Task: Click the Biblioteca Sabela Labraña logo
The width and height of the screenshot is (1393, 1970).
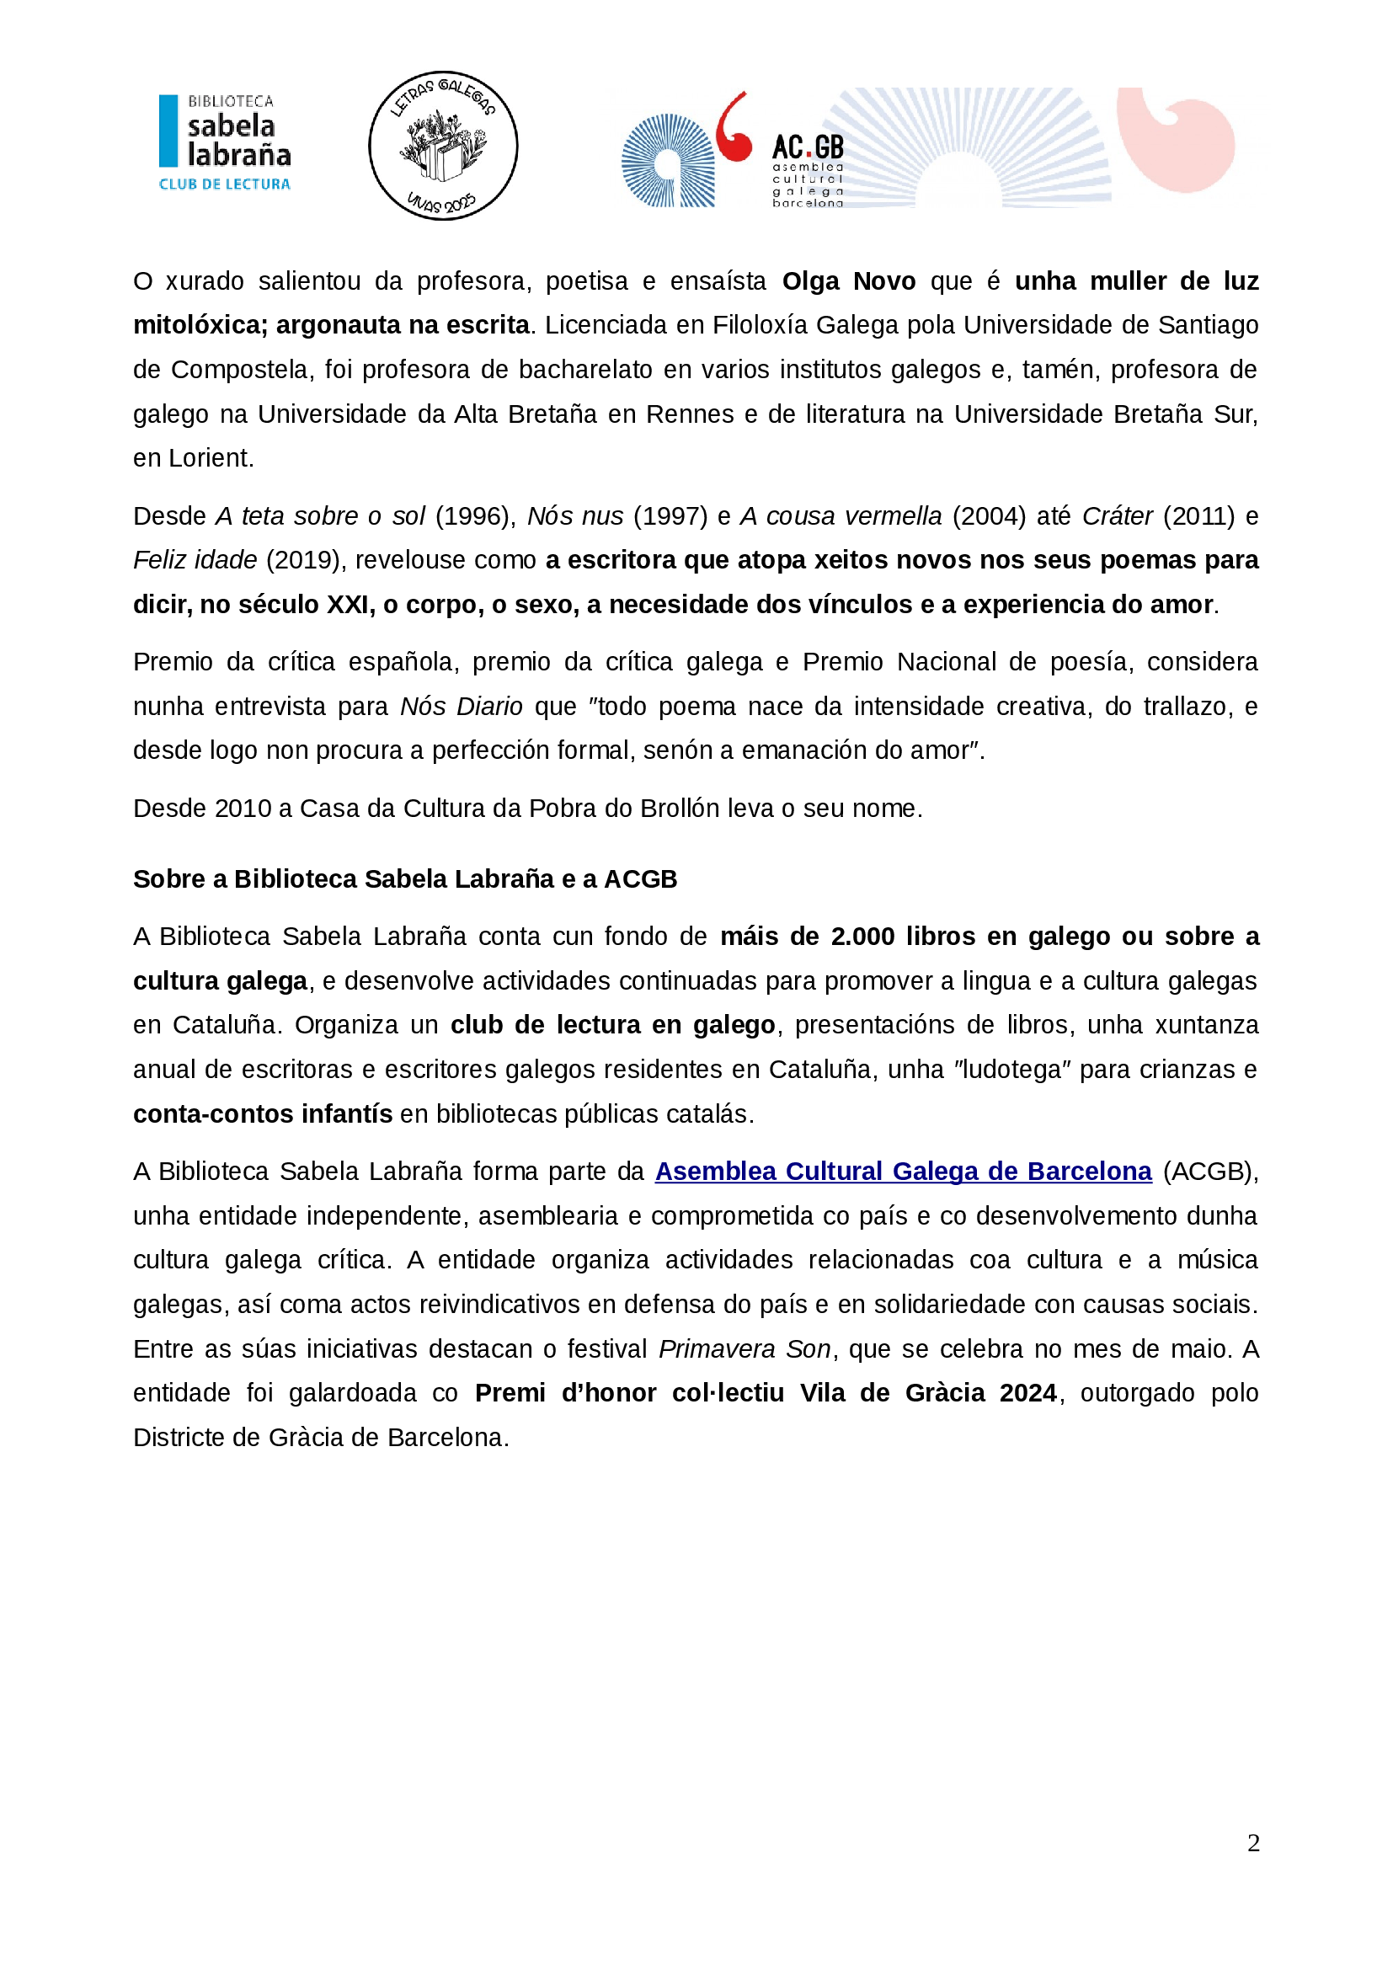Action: tap(225, 141)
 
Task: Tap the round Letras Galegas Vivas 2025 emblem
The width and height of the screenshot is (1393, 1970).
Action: tap(443, 145)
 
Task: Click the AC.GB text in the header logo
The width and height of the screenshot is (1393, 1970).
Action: tap(807, 147)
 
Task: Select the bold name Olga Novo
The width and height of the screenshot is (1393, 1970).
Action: tap(848, 281)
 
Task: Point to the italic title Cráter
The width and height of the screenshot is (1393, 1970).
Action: tap(1117, 515)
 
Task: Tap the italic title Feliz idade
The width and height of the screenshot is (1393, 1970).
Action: tap(195, 560)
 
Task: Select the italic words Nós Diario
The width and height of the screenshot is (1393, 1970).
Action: tap(462, 706)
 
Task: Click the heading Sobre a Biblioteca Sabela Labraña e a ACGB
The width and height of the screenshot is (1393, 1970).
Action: tap(405, 878)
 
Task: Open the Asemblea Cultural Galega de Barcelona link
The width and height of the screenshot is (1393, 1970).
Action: tap(903, 1172)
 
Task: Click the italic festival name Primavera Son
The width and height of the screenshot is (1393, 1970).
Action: tap(745, 1348)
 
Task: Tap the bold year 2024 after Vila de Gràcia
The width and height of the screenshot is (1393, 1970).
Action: tap(1027, 1392)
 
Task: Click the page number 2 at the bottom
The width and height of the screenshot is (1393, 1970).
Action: tap(1253, 1843)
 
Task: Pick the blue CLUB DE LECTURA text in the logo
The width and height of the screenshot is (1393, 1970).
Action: tap(225, 184)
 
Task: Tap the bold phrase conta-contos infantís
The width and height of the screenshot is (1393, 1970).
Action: tap(263, 1113)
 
